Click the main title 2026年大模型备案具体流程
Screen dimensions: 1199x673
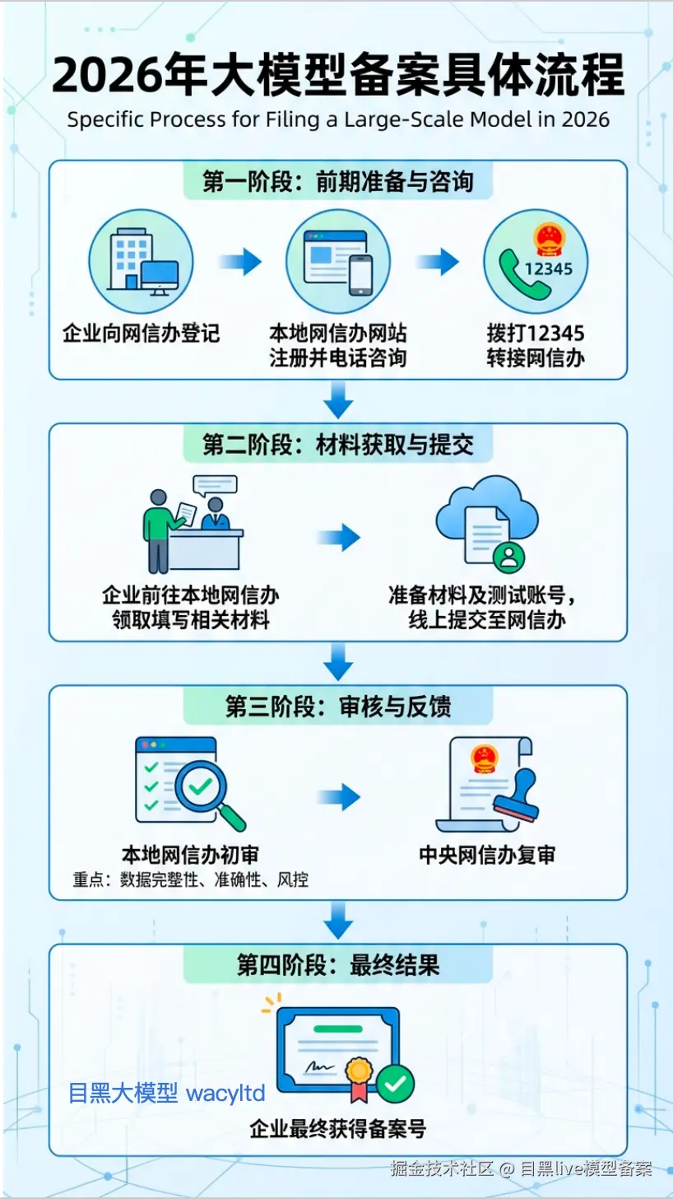(x=337, y=77)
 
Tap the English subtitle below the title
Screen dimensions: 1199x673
(x=337, y=120)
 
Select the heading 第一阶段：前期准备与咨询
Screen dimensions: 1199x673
(x=337, y=181)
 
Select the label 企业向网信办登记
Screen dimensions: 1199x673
(x=142, y=334)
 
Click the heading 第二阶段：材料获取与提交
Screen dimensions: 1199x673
(x=337, y=446)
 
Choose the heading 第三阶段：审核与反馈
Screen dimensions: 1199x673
(x=337, y=707)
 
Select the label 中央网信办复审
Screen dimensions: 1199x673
(x=487, y=855)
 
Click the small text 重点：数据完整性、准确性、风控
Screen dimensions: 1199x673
(x=191, y=879)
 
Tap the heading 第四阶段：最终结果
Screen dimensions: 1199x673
(x=337, y=965)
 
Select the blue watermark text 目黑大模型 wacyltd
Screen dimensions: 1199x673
(x=167, y=1094)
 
